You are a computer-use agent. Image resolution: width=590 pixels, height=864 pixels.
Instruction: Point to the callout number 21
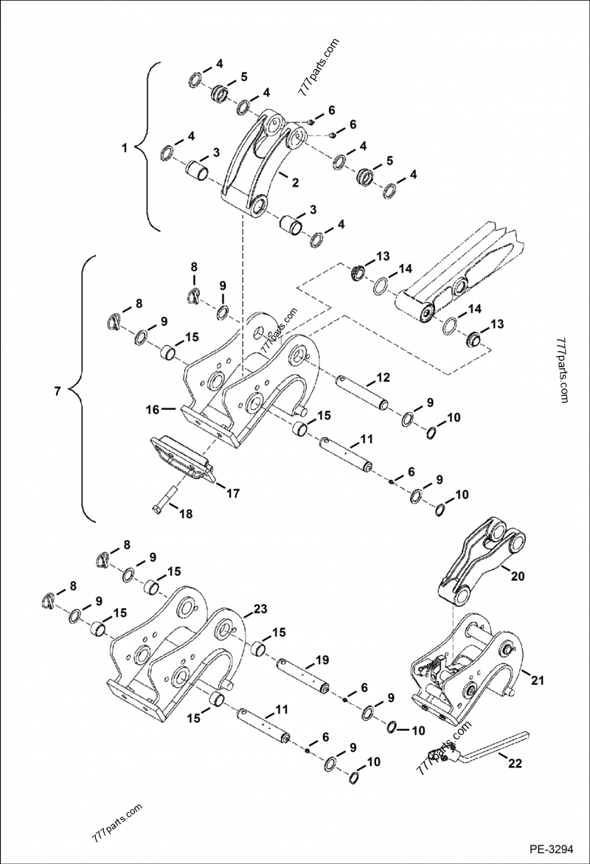[537, 682]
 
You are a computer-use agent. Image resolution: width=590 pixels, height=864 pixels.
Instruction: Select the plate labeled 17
[181, 459]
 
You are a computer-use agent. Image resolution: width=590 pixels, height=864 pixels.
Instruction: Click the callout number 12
[383, 377]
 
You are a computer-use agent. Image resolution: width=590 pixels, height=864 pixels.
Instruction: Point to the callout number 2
[295, 182]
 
